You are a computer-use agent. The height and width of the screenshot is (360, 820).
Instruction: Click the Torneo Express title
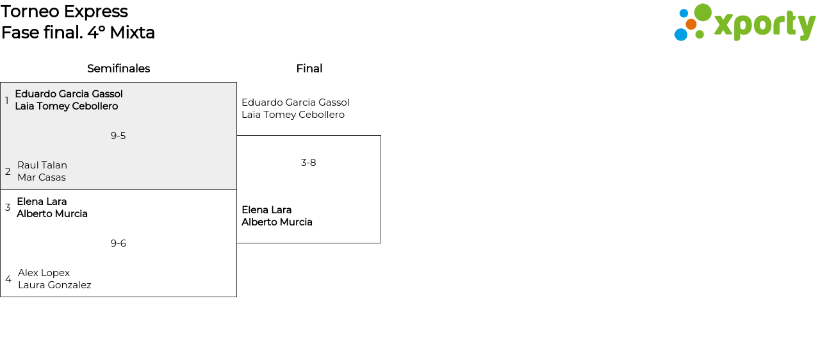pos(64,12)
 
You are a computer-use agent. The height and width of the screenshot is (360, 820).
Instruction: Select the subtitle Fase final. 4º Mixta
pos(78,33)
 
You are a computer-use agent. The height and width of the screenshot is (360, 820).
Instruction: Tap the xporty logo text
pos(764,26)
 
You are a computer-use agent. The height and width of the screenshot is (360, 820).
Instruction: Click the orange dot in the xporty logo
pos(691,24)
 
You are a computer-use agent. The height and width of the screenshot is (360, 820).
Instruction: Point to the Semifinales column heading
pos(119,69)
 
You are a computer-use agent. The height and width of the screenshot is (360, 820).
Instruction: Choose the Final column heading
pos(309,69)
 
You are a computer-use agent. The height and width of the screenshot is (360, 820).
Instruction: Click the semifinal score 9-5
pos(118,136)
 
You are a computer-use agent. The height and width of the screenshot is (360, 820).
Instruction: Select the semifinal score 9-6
pos(118,243)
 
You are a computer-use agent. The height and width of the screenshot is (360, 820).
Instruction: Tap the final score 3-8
pos(308,163)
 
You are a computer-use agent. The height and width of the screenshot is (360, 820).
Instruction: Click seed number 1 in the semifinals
pos(7,101)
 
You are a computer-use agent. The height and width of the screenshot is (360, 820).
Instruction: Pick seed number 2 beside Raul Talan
pos(8,172)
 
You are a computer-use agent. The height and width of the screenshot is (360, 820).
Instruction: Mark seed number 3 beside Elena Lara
pos(8,208)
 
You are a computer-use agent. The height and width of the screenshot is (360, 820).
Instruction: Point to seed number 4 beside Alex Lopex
pos(8,279)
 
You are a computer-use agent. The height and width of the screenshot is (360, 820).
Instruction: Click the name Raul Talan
pos(42,165)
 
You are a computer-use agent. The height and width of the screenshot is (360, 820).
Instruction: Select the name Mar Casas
pos(42,177)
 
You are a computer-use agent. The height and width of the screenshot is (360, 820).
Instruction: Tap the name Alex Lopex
pos(44,273)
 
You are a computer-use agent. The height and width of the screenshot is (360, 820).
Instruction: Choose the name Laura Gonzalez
pos(54,285)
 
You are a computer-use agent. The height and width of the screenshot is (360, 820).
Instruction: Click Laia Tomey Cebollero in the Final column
pos(293,115)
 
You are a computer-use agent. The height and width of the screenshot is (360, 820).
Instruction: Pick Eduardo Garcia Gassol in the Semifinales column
pos(69,94)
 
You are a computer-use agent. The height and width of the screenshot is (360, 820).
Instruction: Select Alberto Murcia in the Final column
pos(277,222)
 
